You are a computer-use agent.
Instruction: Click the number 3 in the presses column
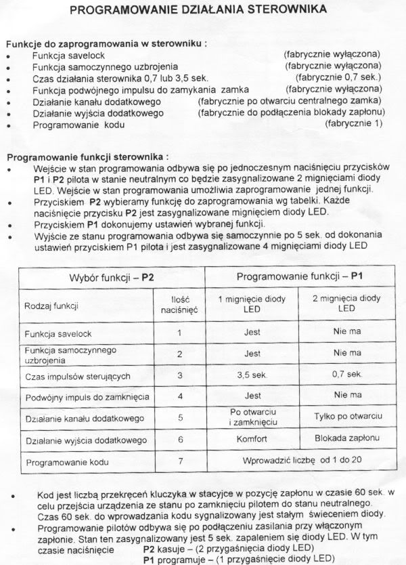(x=179, y=375)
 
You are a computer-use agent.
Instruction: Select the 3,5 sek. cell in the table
(x=252, y=375)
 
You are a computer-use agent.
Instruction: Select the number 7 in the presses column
(x=179, y=463)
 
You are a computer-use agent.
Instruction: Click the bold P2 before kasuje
(x=150, y=547)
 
